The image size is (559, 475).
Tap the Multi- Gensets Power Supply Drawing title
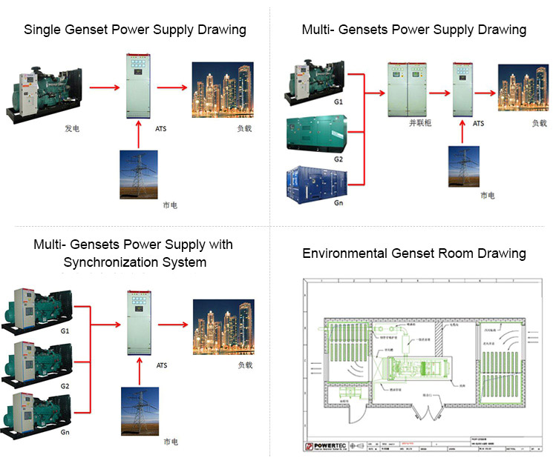coord(413,30)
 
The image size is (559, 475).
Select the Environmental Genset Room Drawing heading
coord(413,253)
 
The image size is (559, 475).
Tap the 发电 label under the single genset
coord(72,129)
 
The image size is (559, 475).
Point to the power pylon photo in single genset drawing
coord(139,174)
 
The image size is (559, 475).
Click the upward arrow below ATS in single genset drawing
coord(139,133)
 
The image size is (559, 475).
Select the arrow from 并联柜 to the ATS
coord(439,93)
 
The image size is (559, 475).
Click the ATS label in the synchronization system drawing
coord(162,365)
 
